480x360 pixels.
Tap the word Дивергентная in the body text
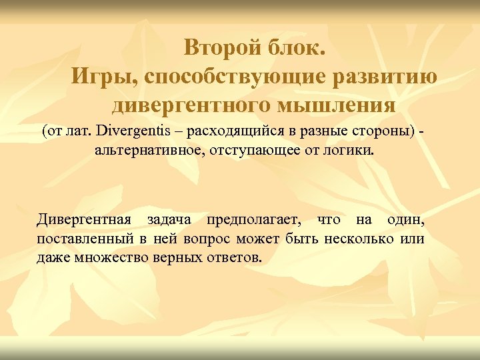coord(84,219)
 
